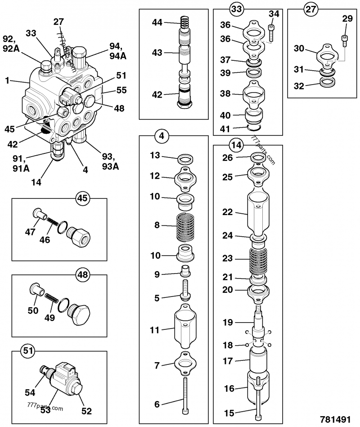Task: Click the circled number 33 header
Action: point(236,8)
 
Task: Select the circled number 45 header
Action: point(83,198)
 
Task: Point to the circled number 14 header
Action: point(236,145)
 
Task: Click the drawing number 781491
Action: point(335,419)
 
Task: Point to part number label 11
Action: point(154,330)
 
